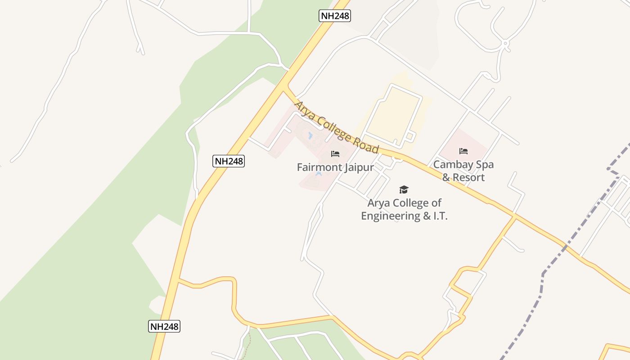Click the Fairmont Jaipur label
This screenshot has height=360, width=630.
pos(335,167)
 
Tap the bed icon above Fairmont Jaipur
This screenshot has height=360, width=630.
pos(335,154)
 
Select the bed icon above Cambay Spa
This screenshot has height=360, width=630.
pos(463,151)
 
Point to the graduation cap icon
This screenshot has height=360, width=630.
pos(404,189)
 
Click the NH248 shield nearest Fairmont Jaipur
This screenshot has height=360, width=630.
pos(229,161)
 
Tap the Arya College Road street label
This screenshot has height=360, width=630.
pos(336,127)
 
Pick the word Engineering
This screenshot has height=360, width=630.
pos(390,216)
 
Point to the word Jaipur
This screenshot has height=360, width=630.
pos(359,167)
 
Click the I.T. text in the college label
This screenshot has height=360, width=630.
pos(440,216)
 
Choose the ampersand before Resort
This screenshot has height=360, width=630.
pos(446,177)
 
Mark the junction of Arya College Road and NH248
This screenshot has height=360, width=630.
pos(284,87)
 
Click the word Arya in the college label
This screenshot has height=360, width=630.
pos(378,203)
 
